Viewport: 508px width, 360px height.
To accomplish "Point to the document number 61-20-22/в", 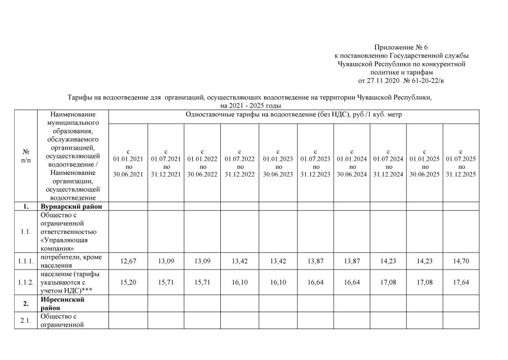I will click(431, 81).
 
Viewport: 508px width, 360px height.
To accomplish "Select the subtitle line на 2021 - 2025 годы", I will click(250, 105).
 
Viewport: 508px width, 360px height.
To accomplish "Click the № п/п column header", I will click(26, 156).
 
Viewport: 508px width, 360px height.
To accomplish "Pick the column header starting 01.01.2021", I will click(128, 163).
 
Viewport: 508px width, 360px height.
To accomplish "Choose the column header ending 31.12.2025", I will click(461, 163).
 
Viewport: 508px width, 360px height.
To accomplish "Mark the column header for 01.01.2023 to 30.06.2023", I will click(278, 163).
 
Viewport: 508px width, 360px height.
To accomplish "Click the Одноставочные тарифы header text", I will click(293, 115).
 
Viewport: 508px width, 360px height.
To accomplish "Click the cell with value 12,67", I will click(128, 261).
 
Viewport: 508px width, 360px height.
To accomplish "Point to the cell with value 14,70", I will click(461, 261).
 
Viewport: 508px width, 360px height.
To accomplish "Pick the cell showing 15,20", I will click(128, 282).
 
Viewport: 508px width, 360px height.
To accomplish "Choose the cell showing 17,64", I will click(461, 282).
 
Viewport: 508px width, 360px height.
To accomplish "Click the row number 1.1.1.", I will click(26, 261).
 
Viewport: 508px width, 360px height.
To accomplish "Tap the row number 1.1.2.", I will click(26, 282).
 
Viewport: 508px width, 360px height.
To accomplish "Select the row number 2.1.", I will click(26, 320).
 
